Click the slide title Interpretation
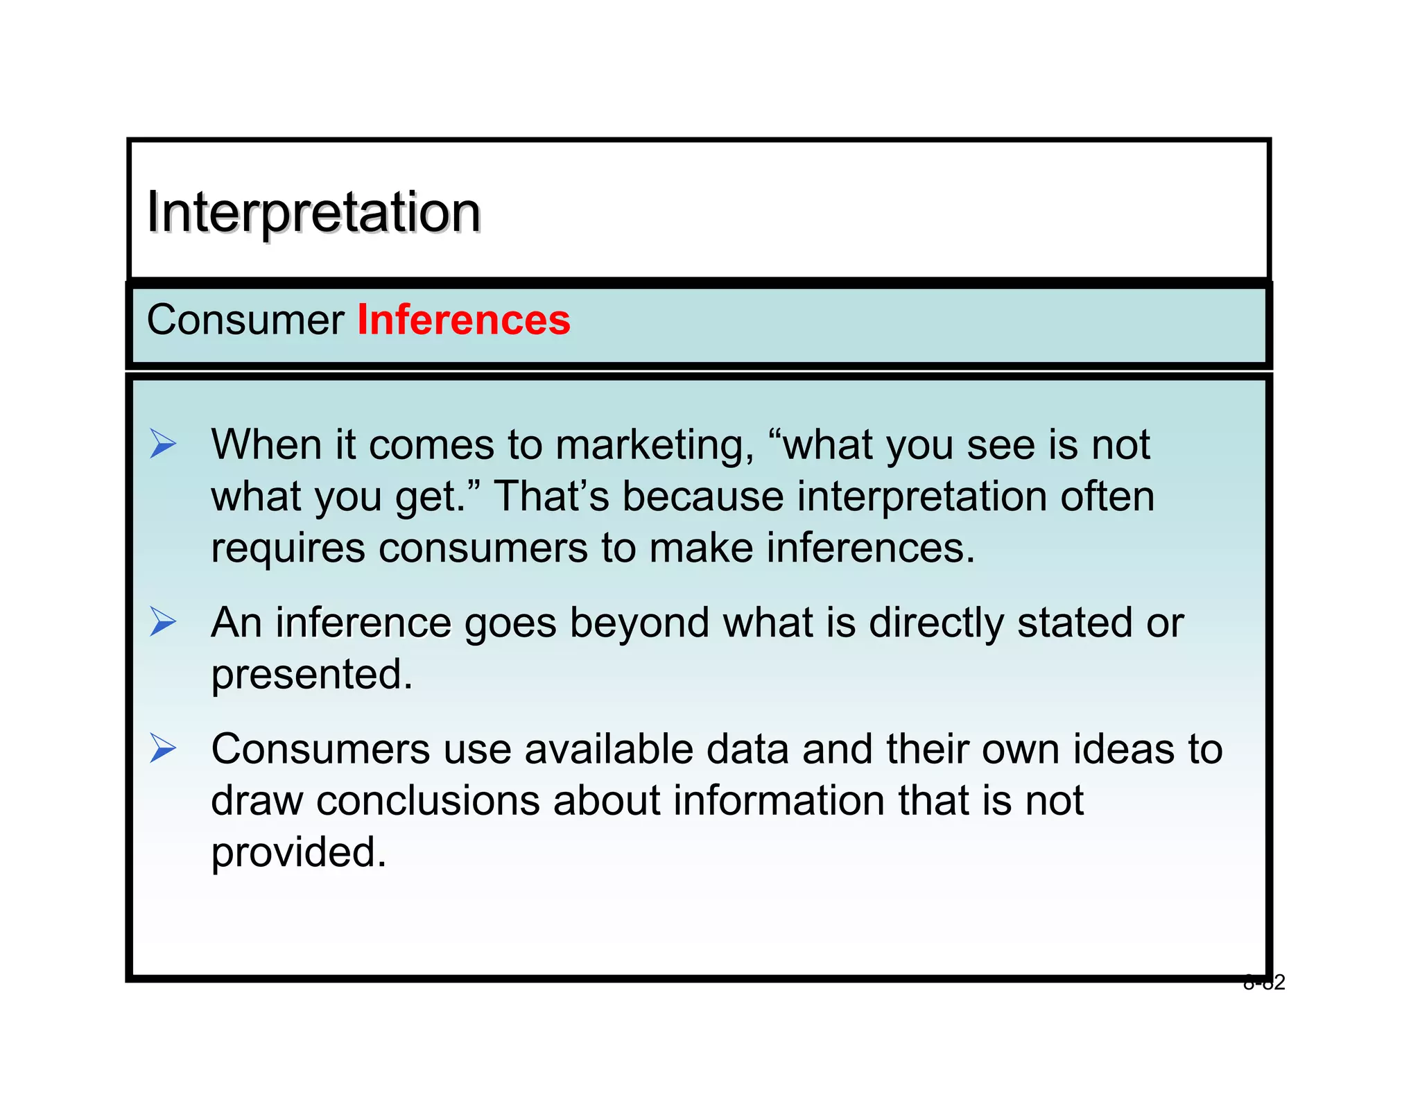(313, 212)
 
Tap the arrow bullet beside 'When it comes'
(163, 444)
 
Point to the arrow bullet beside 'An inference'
(163, 621)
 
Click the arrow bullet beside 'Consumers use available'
(163, 749)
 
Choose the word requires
(288, 549)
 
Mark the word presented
(311, 675)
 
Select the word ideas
(1123, 750)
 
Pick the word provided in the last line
(298, 854)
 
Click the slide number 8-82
(1263, 983)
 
